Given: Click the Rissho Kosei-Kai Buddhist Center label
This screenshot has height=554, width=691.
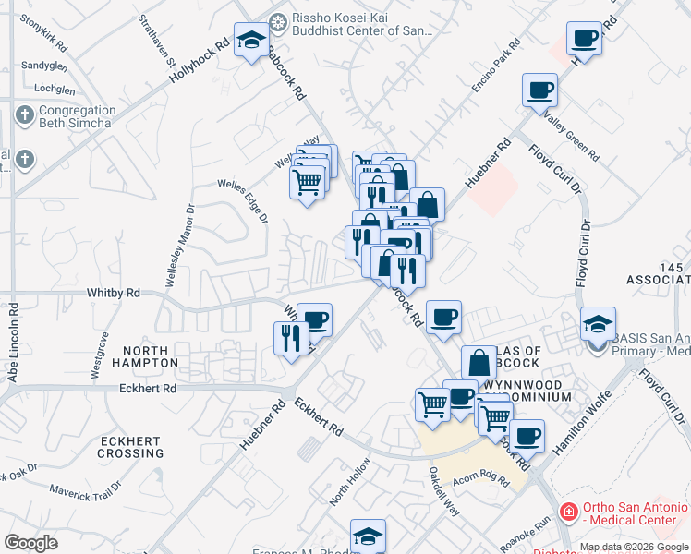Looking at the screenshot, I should point(361,24).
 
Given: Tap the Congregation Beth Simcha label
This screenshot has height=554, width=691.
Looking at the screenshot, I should point(76,116).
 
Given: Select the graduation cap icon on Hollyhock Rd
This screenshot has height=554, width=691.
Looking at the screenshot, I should point(251,40).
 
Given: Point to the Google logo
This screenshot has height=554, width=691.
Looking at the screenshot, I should point(31,543).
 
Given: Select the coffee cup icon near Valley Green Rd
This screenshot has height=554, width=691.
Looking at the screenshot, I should point(539,90).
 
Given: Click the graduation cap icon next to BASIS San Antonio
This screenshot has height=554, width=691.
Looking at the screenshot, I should point(598,324).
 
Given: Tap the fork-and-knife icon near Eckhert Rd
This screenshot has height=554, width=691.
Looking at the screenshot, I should point(291,337).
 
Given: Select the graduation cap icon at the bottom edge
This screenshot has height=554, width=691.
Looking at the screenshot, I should point(368,536).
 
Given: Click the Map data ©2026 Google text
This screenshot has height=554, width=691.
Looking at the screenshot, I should point(634,547).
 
